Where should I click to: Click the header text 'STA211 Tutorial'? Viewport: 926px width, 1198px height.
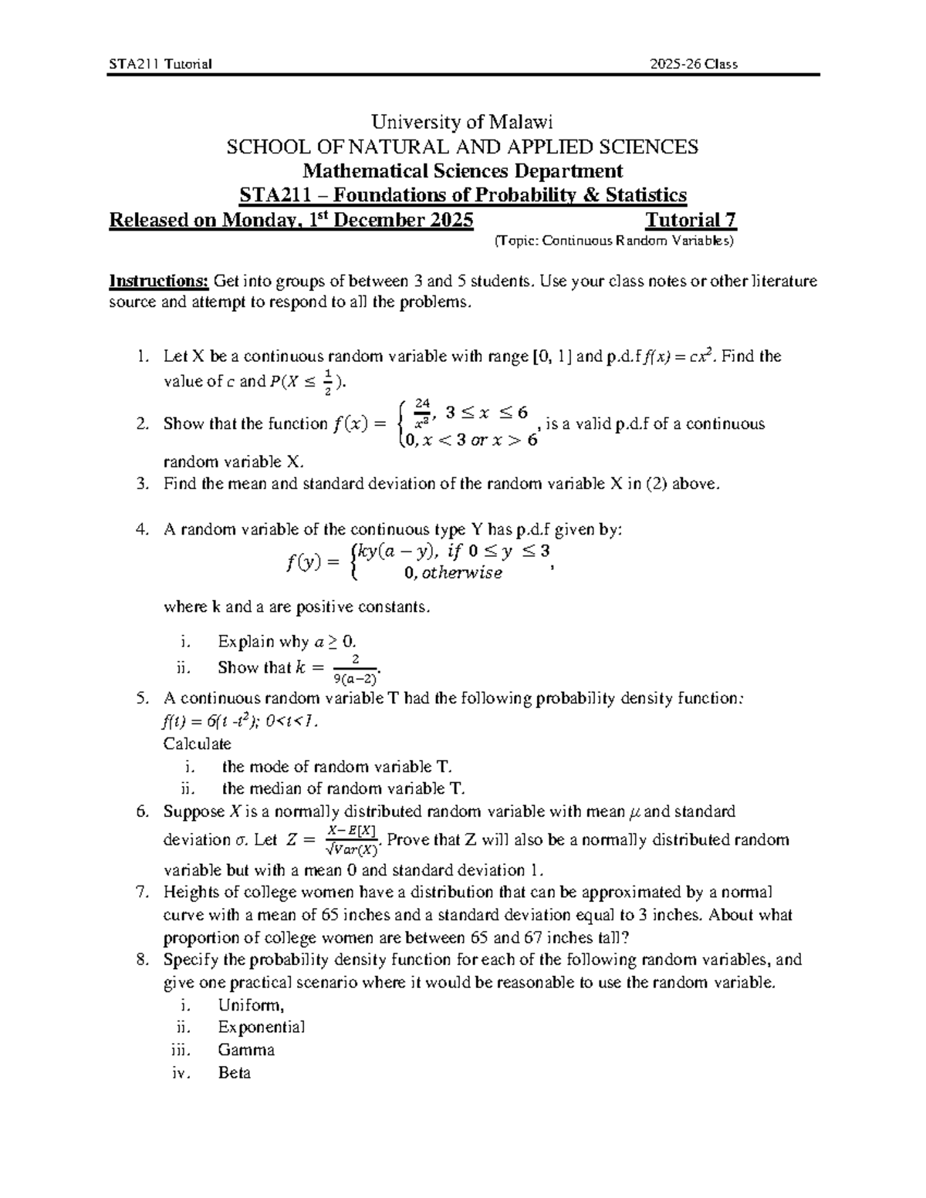[x=160, y=64]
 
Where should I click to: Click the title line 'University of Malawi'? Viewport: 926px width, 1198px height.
[x=462, y=122]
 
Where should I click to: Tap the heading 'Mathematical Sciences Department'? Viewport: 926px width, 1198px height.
[x=462, y=170]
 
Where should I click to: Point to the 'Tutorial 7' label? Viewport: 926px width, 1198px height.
[x=691, y=221]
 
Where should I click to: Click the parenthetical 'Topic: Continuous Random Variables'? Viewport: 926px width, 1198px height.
[x=613, y=241]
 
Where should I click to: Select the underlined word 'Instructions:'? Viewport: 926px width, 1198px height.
[x=158, y=281]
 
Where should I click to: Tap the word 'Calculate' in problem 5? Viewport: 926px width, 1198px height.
[x=197, y=744]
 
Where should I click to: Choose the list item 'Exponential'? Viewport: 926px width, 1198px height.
[x=261, y=1028]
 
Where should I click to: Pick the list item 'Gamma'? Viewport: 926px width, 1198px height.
[x=245, y=1050]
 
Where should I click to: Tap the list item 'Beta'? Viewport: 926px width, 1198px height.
[x=234, y=1073]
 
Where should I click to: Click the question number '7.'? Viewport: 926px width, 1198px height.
[x=140, y=893]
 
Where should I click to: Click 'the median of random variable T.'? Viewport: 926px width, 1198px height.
[x=343, y=788]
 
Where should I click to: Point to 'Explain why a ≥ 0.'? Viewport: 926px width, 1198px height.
[x=286, y=642]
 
